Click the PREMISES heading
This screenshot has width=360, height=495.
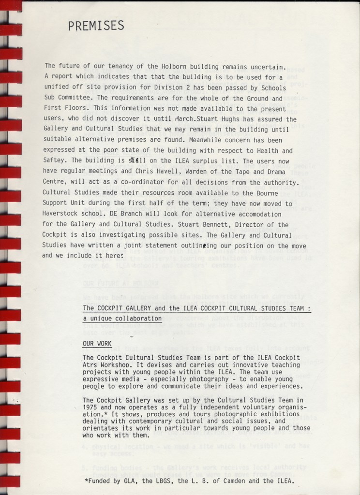click(96, 25)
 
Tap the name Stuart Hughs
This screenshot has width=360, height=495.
click(218, 119)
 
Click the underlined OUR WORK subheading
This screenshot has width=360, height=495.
click(97, 344)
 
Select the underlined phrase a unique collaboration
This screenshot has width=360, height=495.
click(122, 319)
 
